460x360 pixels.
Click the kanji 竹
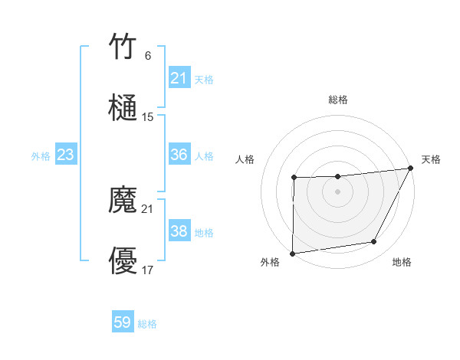123,47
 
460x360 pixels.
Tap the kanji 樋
123,107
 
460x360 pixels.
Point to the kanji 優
123,261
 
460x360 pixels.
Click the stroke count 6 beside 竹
147,56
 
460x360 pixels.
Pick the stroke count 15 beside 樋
148,117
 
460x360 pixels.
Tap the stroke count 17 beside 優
148,270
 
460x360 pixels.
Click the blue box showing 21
179,78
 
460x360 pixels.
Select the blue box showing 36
179,155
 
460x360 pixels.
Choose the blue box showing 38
179,231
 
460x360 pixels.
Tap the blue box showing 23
65,155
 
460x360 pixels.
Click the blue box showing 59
123,322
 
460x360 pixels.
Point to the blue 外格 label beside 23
41,156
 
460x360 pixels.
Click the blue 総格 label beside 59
148,324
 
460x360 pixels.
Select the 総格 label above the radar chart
338,100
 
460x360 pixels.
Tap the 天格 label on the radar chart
431,159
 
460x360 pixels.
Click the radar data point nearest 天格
411,168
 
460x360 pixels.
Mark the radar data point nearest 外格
292,253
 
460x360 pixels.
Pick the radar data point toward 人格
294,178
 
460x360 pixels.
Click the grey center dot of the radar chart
337,191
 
